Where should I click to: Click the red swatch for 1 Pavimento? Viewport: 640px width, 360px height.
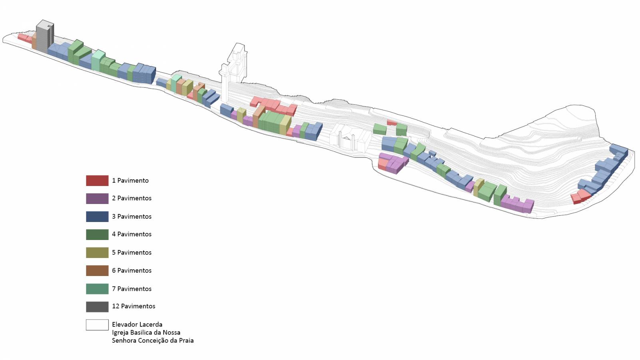tap(97, 180)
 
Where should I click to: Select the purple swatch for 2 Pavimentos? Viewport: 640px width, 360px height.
tap(97, 198)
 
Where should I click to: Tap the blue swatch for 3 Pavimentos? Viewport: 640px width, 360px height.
tap(97, 216)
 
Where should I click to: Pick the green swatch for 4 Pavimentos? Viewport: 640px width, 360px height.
tap(97, 234)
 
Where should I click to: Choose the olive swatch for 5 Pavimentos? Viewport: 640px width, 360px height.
tap(97, 252)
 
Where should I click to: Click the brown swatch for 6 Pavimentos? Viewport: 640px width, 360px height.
tap(97, 270)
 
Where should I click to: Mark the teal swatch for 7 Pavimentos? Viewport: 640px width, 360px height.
tap(97, 289)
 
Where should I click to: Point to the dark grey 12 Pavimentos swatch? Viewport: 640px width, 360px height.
tap(97, 306)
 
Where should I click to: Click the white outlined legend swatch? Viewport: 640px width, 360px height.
tap(97, 324)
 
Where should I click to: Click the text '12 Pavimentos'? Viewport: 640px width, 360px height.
tap(134, 306)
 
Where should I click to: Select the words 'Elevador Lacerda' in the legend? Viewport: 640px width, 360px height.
tap(137, 324)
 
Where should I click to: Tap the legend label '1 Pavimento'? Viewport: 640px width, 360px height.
tap(130, 180)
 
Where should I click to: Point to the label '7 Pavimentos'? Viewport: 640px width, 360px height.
tap(132, 289)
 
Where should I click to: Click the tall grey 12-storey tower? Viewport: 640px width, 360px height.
tap(45, 37)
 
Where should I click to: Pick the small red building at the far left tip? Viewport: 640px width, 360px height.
tap(24, 38)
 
